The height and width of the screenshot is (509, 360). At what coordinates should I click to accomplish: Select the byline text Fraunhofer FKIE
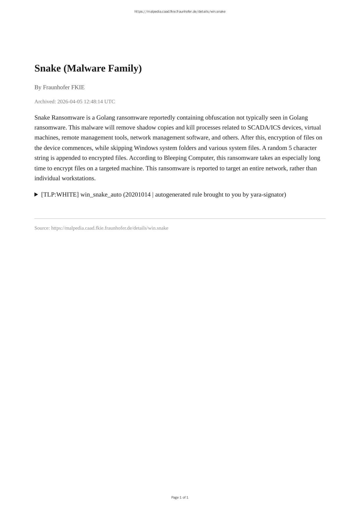click(x=64, y=87)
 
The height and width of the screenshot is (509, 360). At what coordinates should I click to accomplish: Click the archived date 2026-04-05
click(x=70, y=101)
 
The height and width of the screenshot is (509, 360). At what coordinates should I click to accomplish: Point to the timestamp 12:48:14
click(x=93, y=101)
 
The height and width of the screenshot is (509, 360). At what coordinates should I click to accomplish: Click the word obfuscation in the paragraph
click(x=220, y=117)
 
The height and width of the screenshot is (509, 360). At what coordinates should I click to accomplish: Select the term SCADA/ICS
click(x=264, y=128)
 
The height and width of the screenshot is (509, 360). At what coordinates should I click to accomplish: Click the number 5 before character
click(x=290, y=148)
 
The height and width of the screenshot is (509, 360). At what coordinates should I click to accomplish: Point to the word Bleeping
click(x=175, y=158)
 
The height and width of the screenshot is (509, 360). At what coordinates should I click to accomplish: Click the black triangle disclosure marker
click(x=36, y=194)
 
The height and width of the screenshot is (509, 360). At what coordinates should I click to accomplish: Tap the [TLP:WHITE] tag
click(x=60, y=194)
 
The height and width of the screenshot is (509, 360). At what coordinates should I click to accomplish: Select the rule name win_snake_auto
click(x=101, y=194)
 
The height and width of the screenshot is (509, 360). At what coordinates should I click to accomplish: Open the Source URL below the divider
click(x=110, y=228)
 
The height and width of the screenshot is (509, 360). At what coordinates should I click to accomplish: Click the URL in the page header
click(x=180, y=12)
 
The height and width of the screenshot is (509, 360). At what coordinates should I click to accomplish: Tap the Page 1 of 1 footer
click(x=180, y=497)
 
